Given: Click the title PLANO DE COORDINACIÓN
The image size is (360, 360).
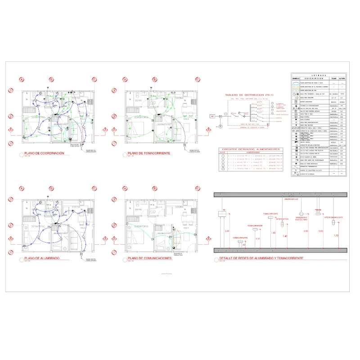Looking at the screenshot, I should click(x=45, y=153).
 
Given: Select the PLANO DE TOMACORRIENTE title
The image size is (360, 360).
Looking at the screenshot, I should click(x=149, y=153).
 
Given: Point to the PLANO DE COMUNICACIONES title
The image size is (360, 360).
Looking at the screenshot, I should click(x=150, y=259).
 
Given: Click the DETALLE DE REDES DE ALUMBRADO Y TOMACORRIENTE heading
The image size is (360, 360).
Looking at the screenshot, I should click(x=260, y=259).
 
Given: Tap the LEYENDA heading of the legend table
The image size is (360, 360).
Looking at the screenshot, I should click(x=319, y=75).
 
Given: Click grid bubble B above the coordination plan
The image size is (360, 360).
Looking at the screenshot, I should click(x=51, y=80).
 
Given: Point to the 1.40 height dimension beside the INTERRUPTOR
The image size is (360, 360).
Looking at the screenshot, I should click(x=284, y=237).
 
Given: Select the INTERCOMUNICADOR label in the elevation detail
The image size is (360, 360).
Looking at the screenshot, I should click(x=333, y=217).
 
